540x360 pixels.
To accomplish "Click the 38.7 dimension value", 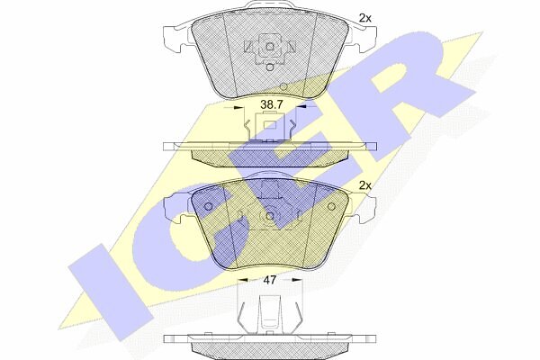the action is (x=272, y=104).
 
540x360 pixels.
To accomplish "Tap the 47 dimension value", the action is (x=270, y=280).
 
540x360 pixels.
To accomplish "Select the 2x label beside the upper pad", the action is (x=365, y=18).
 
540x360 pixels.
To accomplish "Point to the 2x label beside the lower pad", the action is (x=365, y=185).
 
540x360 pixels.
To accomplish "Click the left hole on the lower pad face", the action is (x=209, y=207).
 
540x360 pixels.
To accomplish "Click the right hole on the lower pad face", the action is (x=331, y=206).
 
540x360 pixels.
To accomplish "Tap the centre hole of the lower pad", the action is (x=270, y=216).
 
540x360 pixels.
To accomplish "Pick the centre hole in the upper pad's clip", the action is (x=270, y=47).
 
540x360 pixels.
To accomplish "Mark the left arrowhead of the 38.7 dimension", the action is (x=238, y=107).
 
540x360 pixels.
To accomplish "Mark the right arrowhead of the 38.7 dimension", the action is (x=301, y=107).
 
